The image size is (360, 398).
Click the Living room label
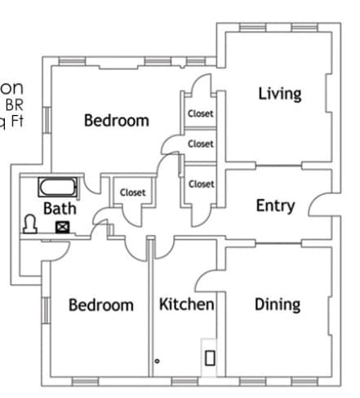279,93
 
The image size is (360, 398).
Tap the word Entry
275,206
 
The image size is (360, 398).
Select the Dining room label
278,305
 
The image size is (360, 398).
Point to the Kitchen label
186,305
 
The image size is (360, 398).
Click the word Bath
60,209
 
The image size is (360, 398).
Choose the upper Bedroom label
117,121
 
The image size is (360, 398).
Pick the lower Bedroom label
100,306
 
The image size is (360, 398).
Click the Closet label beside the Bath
133,192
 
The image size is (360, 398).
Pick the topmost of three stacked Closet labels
201,114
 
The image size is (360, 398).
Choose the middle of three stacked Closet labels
201,144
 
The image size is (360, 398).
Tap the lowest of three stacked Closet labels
201,184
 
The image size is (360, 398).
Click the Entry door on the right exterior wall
319,205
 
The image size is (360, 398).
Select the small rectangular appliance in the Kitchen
210,356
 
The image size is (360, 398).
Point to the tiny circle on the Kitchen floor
157,360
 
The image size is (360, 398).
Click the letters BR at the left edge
14,104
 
